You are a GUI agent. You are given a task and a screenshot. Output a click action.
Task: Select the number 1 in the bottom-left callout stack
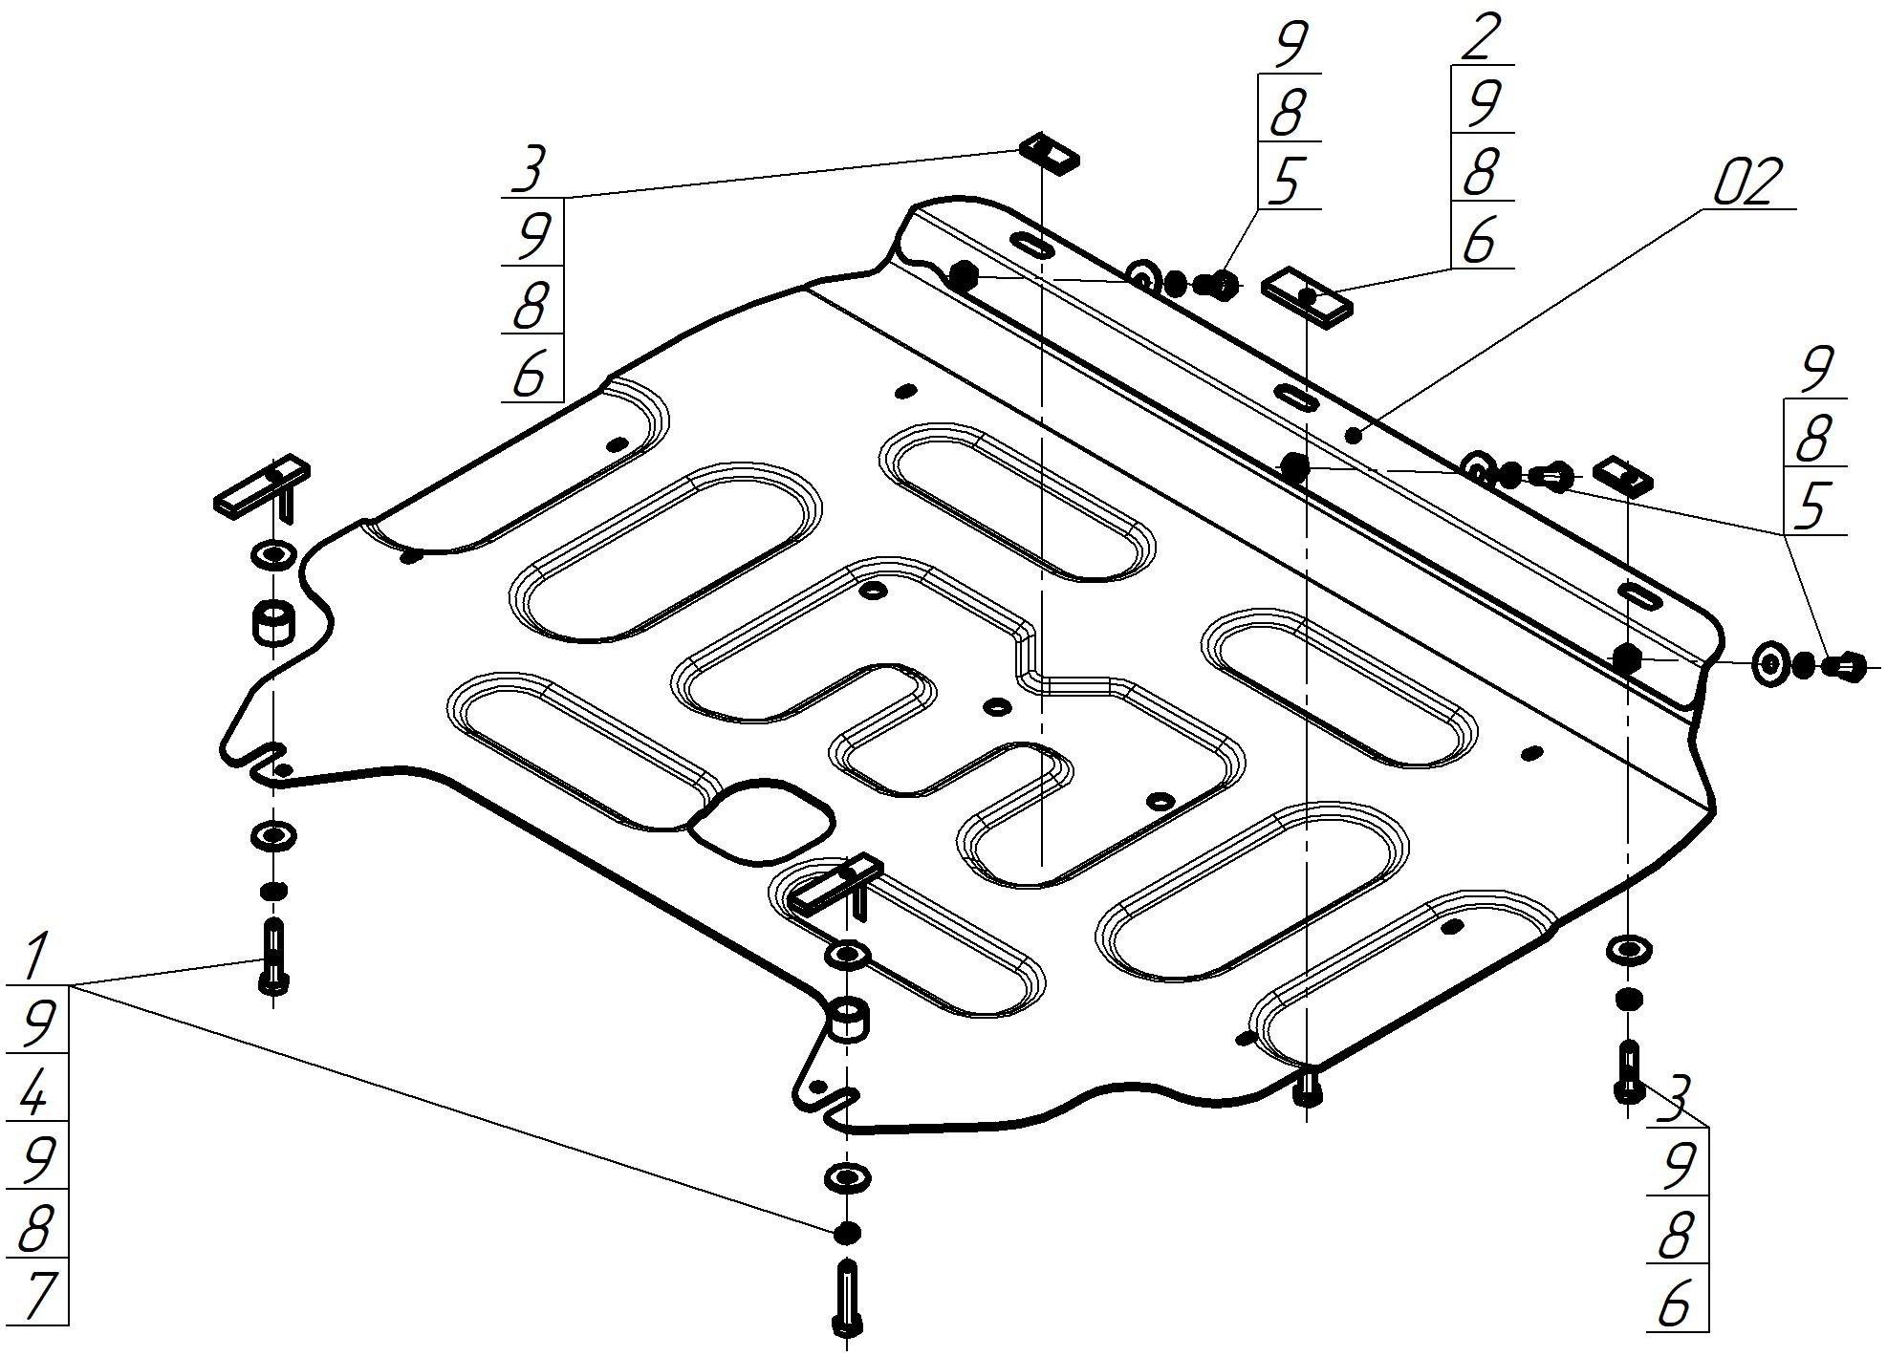point(36,957)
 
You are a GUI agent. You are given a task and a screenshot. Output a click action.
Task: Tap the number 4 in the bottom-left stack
point(34,1089)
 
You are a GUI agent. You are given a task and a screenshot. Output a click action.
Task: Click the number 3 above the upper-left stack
point(528,168)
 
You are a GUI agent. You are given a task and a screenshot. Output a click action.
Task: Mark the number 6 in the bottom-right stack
point(1676,1301)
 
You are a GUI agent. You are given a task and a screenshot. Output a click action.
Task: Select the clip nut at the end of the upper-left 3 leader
point(1050,153)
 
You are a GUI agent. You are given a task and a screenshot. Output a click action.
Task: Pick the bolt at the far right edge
point(1845,665)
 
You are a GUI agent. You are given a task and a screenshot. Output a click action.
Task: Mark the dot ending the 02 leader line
point(1354,436)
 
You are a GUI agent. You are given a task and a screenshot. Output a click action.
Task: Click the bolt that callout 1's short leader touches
point(273,956)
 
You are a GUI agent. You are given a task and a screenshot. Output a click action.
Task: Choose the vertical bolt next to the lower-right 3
point(1629,1071)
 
